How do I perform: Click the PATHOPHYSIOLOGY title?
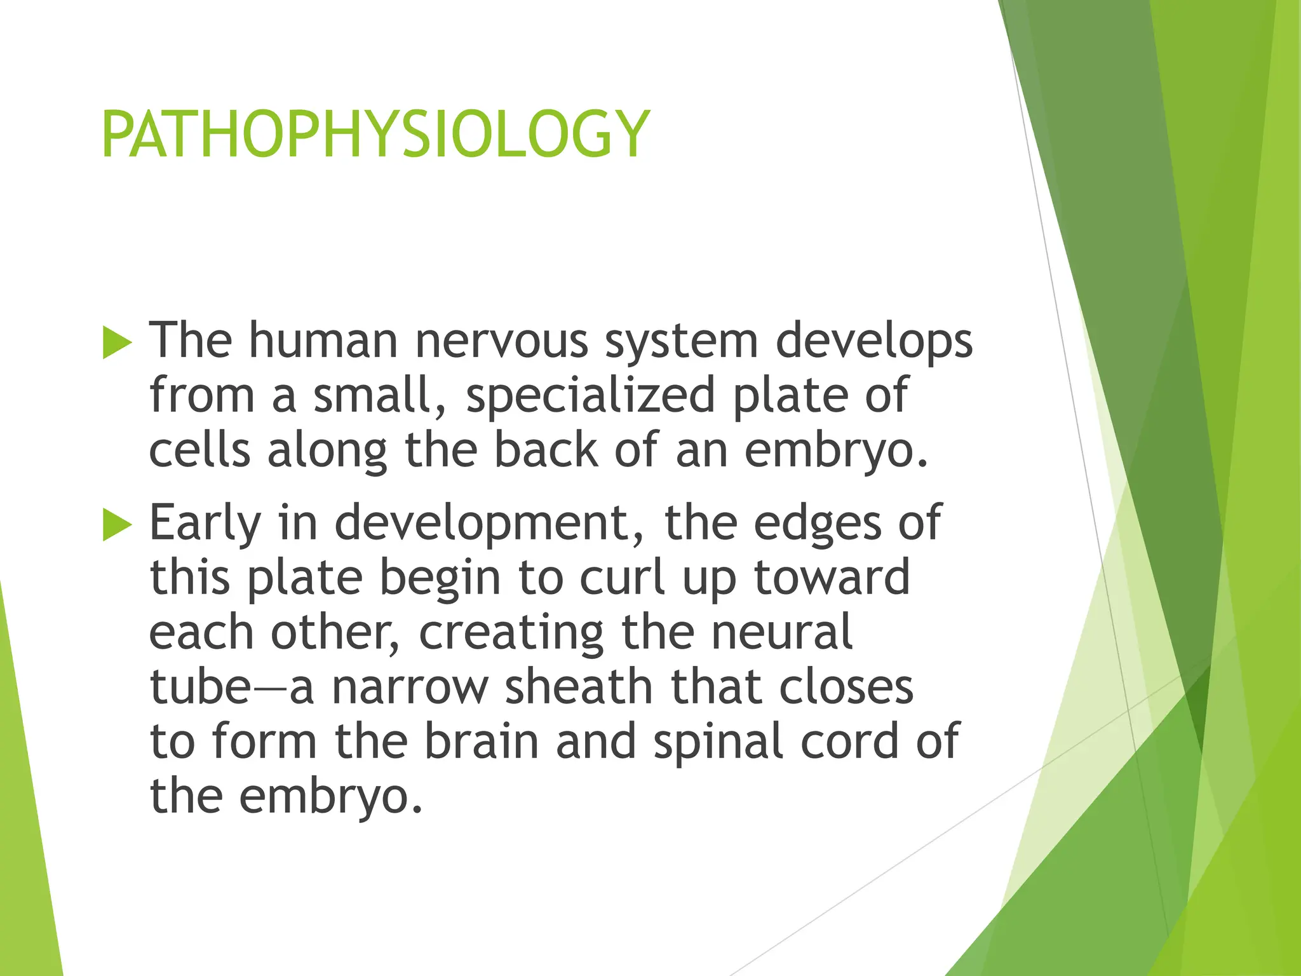[375, 135]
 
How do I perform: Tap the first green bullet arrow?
[117, 343]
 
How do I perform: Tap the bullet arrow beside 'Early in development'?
[117, 525]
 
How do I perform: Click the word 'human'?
[323, 341]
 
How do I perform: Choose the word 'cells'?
[199, 451]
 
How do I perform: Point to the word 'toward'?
[832, 578]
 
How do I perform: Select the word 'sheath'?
[579, 687]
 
